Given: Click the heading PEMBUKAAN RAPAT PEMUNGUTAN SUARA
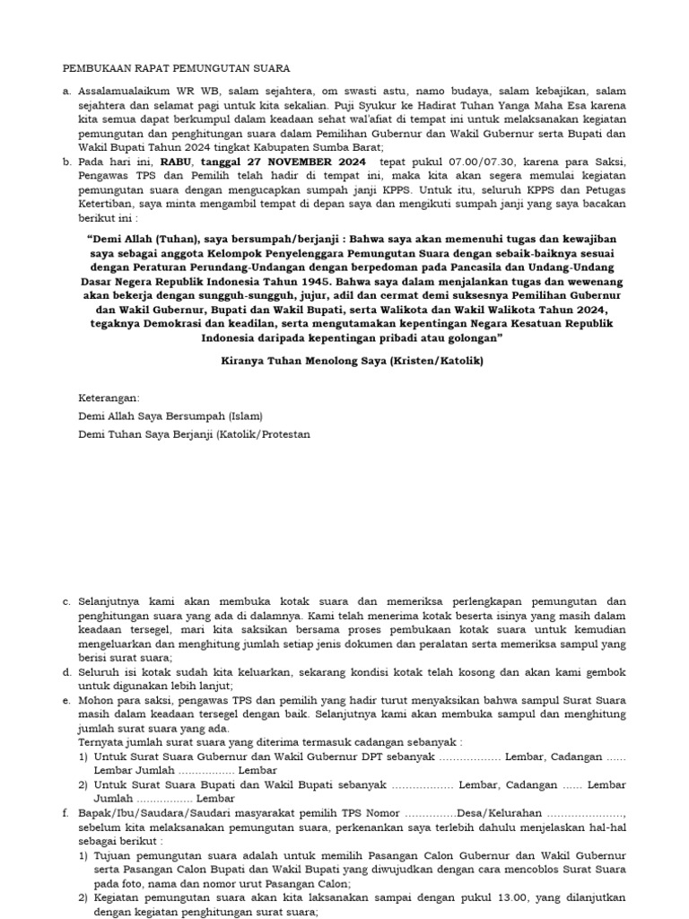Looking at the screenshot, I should click(x=176, y=68).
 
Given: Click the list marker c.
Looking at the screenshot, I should click(x=65, y=600).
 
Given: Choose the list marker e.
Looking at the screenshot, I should click(x=65, y=700).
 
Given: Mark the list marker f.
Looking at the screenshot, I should click(x=65, y=814).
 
